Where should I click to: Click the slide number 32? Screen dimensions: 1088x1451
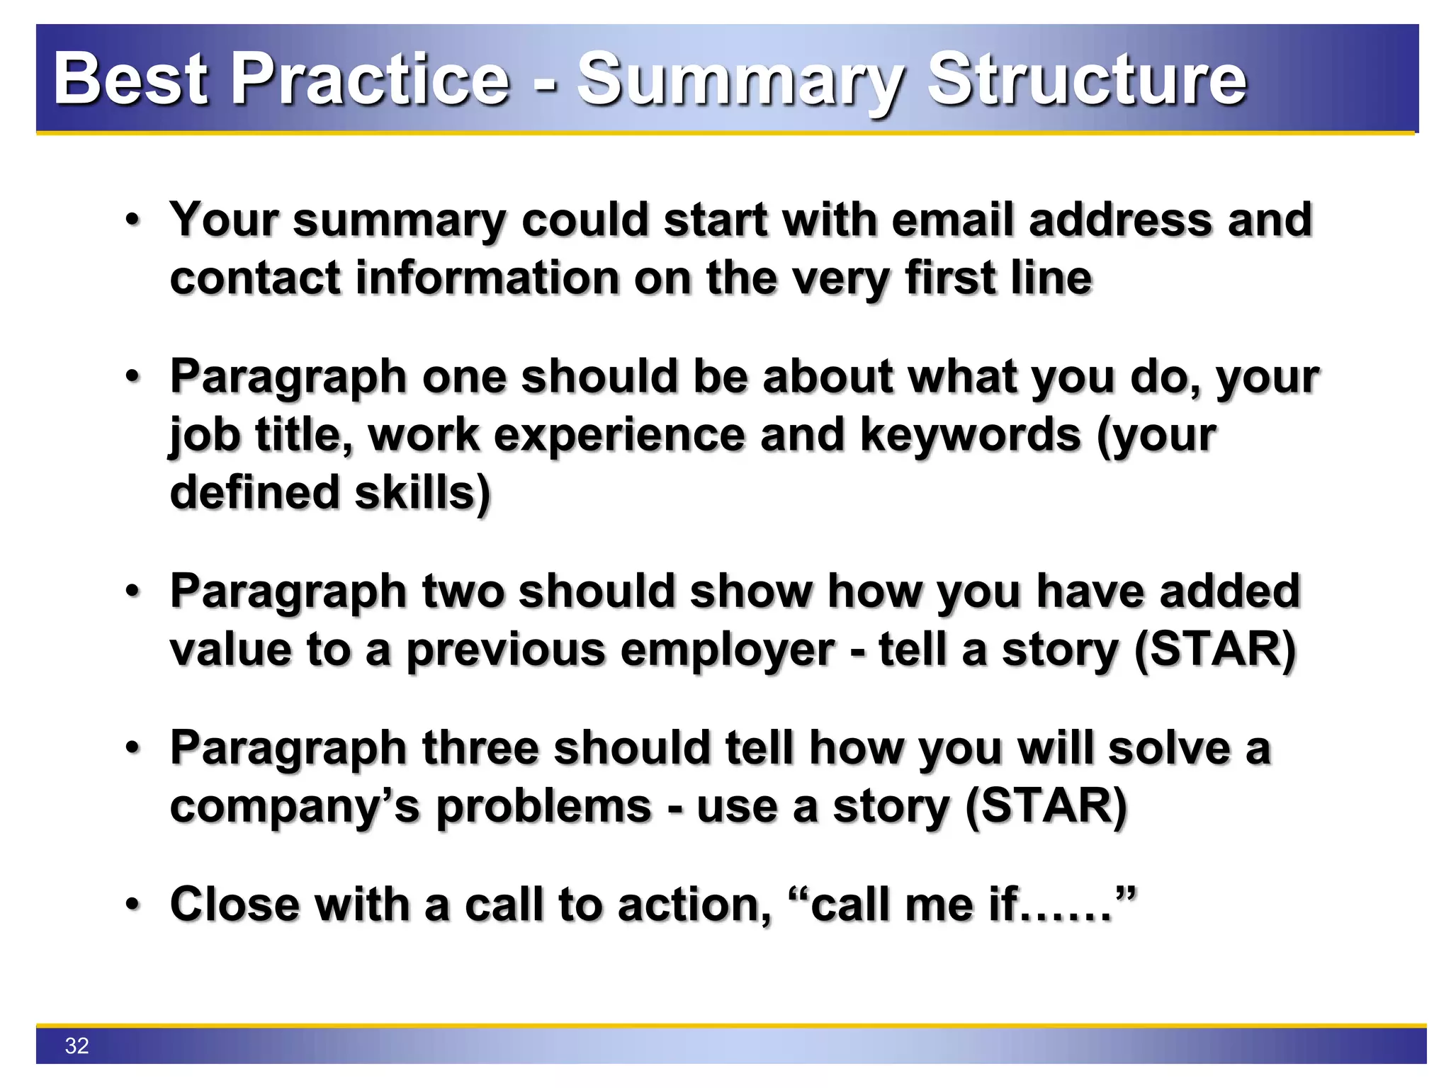point(77,1045)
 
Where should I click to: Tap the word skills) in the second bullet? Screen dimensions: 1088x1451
point(422,493)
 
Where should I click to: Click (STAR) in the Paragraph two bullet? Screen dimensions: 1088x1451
point(1214,650)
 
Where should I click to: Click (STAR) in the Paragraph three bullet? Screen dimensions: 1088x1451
point(1046,806)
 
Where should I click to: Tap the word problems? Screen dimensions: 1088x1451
point(543,806)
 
